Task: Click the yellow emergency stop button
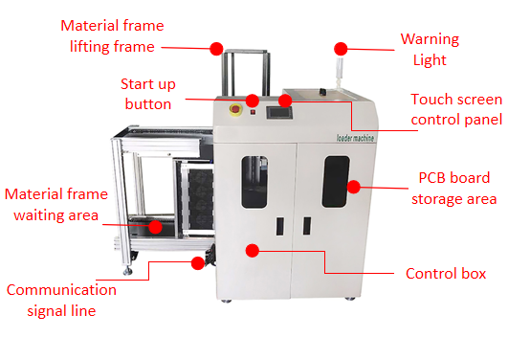235,109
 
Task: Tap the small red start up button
253,112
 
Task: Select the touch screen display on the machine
279,113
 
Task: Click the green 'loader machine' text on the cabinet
355,138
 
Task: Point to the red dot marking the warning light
341,49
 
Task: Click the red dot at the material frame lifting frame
216,49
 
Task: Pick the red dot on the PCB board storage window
353,187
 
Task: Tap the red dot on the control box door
252,251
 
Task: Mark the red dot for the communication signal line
198,263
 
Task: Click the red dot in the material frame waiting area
156,227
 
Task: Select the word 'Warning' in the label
430,39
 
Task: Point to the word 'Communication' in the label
61,290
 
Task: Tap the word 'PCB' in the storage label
431,178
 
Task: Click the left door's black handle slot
280,226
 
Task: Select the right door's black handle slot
307,225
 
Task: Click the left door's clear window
254,182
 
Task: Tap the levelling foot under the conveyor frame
127,271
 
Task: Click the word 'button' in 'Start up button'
148,104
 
